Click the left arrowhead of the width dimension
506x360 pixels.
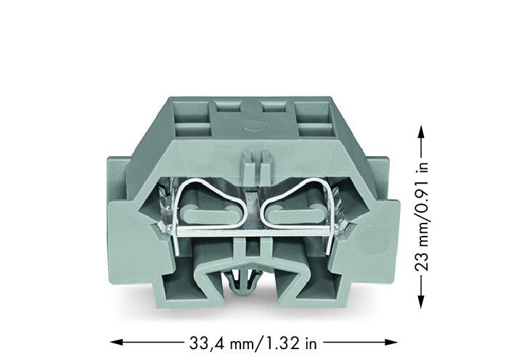(x=116, y=342)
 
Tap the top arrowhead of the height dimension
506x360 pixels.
(x=420, y=132)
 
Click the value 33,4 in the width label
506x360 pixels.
(x=208, y=343)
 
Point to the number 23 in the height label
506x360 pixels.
(x=421, y=261)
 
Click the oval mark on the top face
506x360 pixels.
(x=253, y=126)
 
